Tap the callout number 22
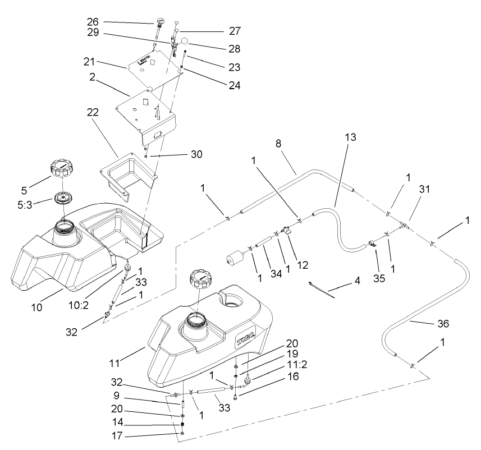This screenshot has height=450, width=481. [x=92, y=112]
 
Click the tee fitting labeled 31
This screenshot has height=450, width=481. [x=403, y=226]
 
